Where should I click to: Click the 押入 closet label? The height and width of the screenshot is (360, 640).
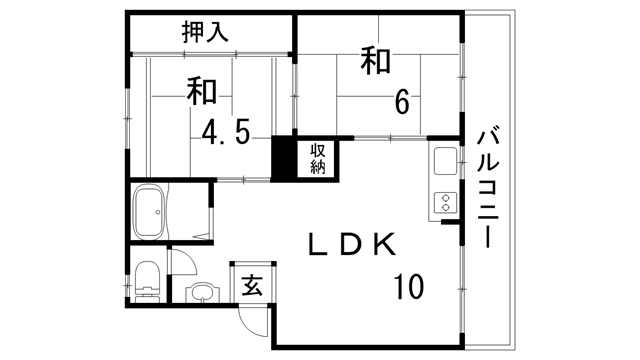205,31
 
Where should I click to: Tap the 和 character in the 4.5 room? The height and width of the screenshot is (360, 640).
201,91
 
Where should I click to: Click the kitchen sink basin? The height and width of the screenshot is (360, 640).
443,160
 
